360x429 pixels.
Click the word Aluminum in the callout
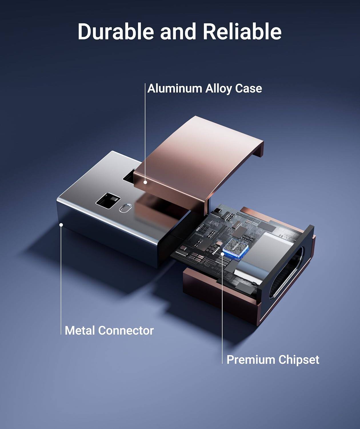click(x=175, y=88)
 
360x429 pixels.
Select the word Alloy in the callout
click(x=219, y=89)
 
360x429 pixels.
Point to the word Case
click(x=249, y=88)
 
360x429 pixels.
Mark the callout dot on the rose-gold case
click(x=145, y=182)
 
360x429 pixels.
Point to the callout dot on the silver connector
click(x=61, y=225)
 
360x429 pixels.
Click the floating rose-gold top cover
click(x=200, y=152)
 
